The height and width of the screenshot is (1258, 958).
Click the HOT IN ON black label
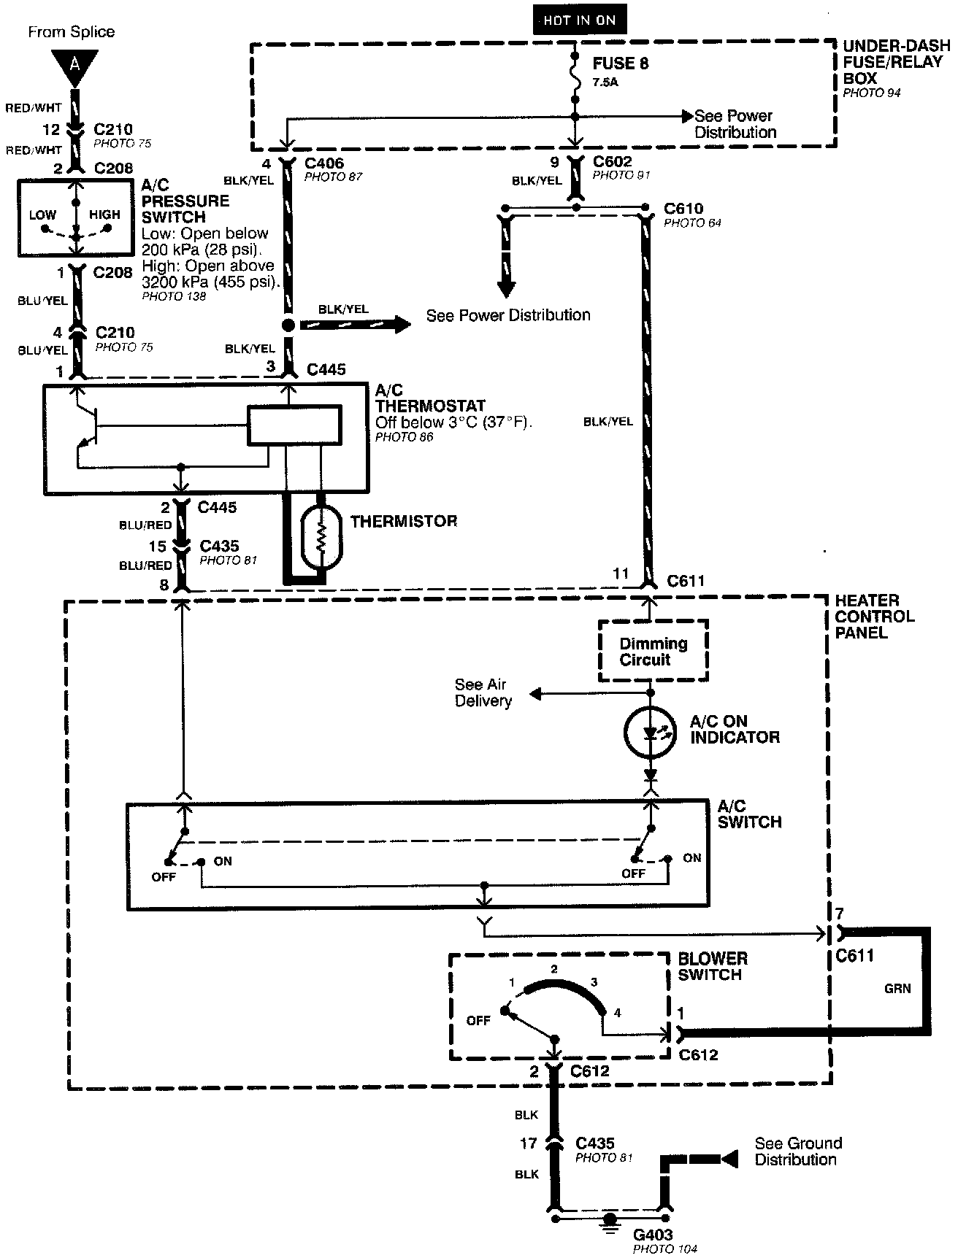coord(579,20)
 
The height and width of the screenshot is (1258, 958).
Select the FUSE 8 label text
coord(620,63)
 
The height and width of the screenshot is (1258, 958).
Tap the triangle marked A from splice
coord(74,64)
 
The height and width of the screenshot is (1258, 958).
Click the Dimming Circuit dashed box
coord(653,651)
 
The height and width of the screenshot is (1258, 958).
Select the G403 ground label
coord(654,1235)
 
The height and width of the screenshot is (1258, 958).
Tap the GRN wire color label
coord(897,989)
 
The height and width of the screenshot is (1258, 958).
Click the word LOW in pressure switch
coord(42,215)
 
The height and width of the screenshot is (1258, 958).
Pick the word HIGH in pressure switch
coord(104,215)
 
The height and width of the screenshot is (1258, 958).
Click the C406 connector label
coord(323,163)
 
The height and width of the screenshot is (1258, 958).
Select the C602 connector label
coord(612,161)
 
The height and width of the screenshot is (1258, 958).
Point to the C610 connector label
coord(683,209)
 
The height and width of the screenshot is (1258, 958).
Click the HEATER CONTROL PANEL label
coord(874,617)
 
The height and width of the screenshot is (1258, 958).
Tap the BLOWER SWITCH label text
coord(713,966)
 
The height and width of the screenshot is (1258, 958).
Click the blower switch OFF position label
coord(478,1021)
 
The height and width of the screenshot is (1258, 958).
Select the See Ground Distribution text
coord(797,1151)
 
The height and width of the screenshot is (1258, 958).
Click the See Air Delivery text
coord(483,692)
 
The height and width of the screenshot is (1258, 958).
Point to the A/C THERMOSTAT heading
coord(430,398)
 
